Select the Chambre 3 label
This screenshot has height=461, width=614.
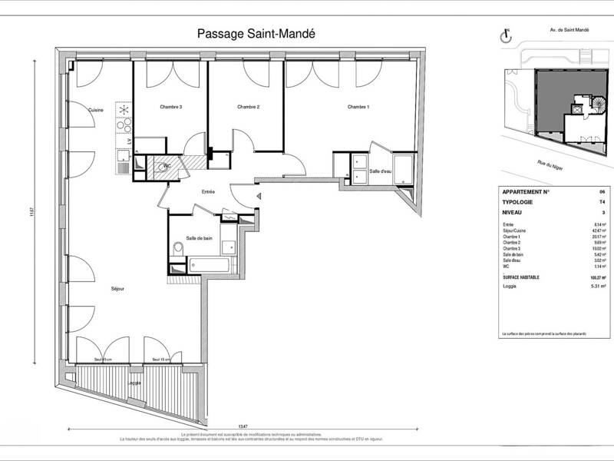pos(170,107)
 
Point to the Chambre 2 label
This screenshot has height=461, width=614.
pos(248,107)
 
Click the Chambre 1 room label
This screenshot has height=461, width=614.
pos(358,107)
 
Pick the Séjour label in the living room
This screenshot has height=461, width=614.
pos(117,289)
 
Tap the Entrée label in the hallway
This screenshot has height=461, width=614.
pos(208,191)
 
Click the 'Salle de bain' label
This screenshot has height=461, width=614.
pos(198,238)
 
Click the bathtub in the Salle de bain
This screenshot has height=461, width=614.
pos(207,266)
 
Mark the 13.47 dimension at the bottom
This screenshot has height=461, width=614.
pos(243,426)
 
